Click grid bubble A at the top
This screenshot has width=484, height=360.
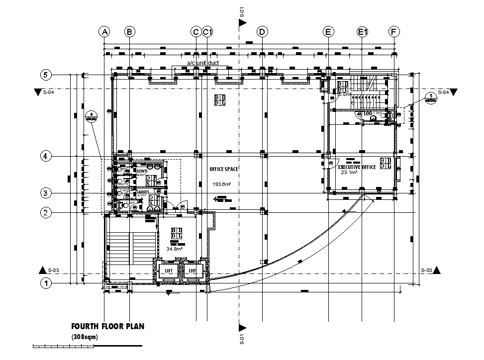[104, 32]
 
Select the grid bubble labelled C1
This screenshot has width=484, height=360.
[208, 32]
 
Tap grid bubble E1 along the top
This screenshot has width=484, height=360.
[362, 32]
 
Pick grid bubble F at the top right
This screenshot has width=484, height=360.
[394, 32]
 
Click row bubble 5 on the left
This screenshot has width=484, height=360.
[46, 75]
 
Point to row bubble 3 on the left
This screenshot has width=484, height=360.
[46, 193]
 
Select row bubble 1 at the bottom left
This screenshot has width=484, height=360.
[46, 284]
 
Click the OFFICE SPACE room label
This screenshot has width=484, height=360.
[224, 169]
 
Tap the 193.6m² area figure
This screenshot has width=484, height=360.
[222, 184]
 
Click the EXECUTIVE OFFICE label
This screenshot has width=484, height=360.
[357, 167]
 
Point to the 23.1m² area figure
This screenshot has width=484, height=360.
[348, 173]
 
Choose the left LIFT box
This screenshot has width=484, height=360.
[169, 270]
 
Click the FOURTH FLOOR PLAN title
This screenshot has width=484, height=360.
[107, 327]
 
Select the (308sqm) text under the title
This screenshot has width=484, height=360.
[85, 337]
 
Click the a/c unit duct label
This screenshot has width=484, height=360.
[206, 63]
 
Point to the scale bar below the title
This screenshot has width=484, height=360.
[87, 346]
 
